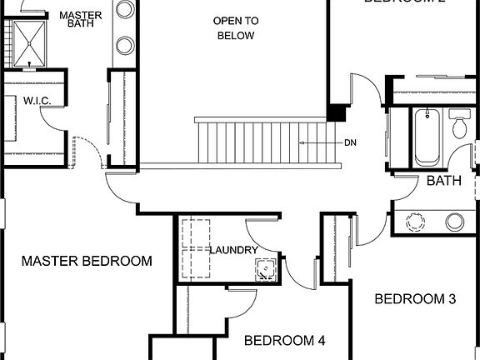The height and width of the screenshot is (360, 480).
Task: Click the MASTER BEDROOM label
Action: point(87,261)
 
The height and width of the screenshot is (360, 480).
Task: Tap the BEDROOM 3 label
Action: point(414,299)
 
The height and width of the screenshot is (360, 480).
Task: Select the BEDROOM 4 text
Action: point(284,340)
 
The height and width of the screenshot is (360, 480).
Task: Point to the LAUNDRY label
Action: point(233,250)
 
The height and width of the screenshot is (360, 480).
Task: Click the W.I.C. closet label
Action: point(37,102)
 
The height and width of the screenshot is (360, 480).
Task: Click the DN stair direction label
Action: point(351,142)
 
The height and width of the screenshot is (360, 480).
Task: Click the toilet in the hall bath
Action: point(459,125)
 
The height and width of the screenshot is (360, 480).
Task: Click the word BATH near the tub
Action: point(444,180)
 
